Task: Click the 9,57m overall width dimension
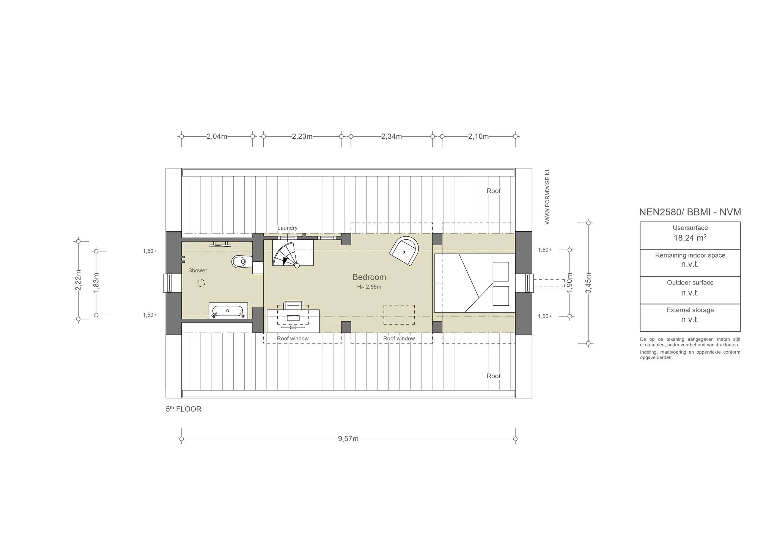pos(348,439)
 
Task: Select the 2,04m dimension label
pos(217,136)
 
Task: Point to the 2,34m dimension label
pos(392,136)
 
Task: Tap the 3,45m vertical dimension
pos(588,283)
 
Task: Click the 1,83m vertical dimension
pos(96,283)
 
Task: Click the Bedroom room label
pos(369,277)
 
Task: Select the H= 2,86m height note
pos(369,287)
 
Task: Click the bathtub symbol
pos(228,311)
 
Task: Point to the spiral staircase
pos(293,254)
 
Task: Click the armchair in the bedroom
pos(404,251)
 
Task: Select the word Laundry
pos(287,228)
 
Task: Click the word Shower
pos(198,270)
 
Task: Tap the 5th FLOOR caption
pos(184,409)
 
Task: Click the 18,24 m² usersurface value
pos(690,238)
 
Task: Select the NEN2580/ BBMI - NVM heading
pos(690,212)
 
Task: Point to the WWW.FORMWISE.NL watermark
pos(547,196)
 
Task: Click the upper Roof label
pos(494,191)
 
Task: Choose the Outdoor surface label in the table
pos(690,283)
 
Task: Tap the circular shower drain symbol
pos(201,283)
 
